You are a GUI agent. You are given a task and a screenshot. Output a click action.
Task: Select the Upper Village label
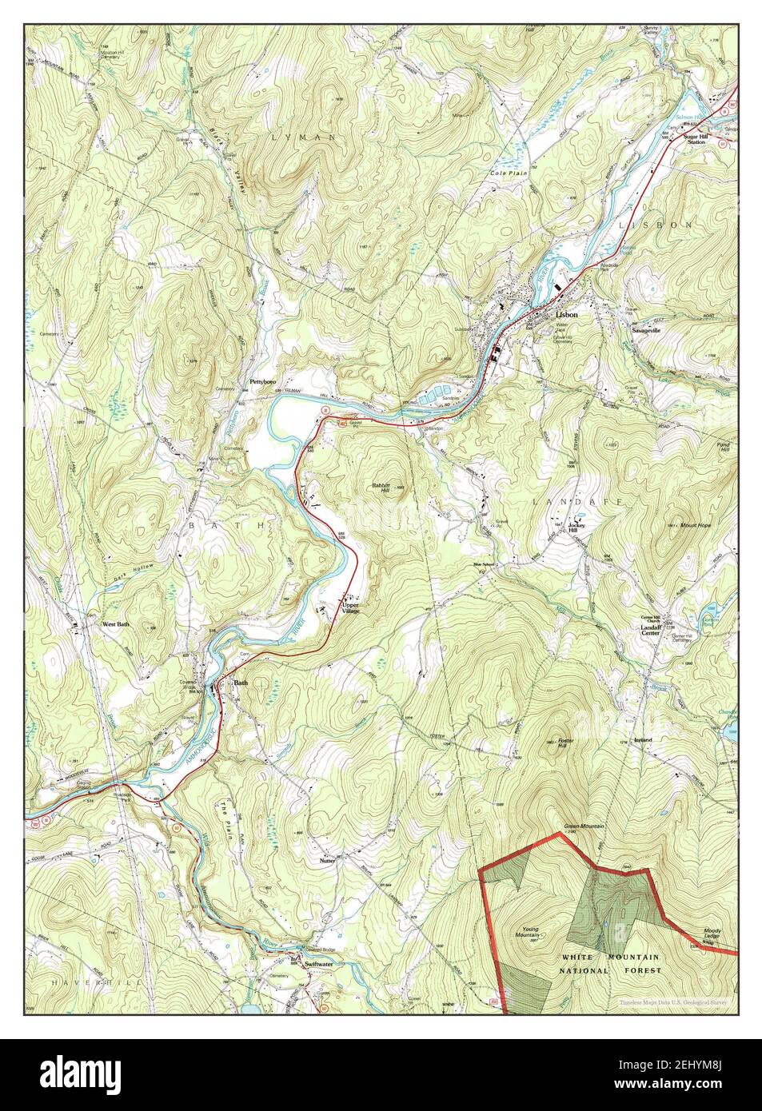352,608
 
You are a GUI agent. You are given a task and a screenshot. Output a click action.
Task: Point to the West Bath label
116,623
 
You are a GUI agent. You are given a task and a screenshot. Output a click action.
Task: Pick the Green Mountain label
582,826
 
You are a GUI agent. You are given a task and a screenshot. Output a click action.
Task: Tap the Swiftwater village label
319,966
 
